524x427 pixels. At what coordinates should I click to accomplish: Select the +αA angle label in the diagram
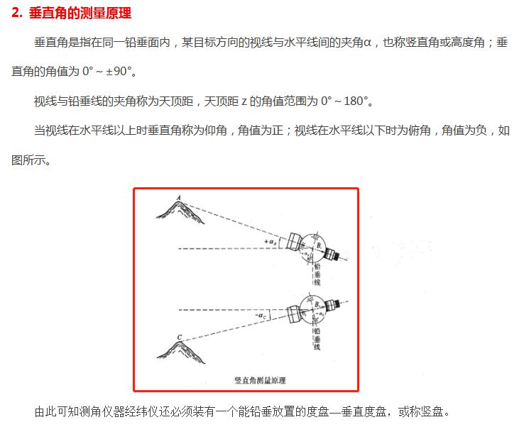(270, 243)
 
